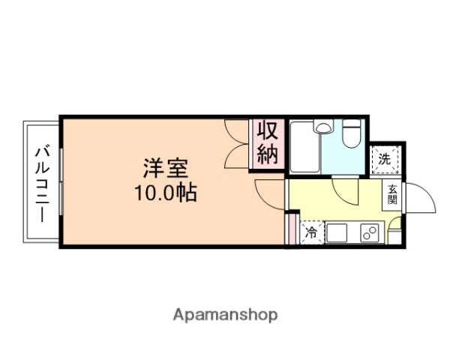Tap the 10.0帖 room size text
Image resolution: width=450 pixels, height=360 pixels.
[x=166, y=193]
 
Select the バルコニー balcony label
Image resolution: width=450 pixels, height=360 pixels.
[x=41, y=181]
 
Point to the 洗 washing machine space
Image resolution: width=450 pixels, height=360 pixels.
[x=385, y=159]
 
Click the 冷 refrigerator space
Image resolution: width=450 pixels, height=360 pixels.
[x=310, y=233]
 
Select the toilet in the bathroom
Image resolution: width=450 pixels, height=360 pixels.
[x=350, y=135]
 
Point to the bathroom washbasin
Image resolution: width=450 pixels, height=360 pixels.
[x=323, y=127]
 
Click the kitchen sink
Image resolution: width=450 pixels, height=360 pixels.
[x=337, y=233]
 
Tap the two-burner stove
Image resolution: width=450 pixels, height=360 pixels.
[x=369, y=233]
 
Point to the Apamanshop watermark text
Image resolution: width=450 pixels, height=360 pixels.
[x=226, y=314]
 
